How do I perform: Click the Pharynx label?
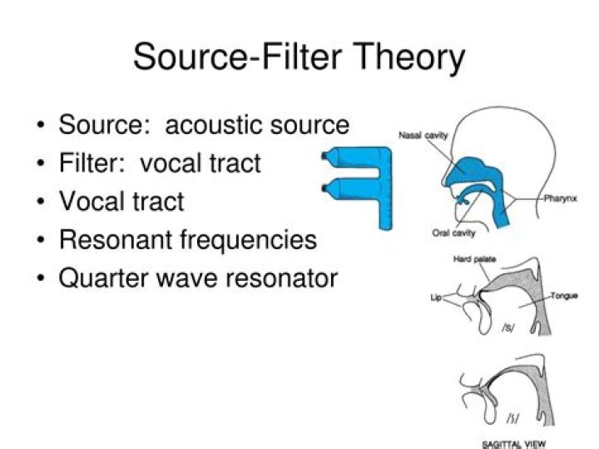[x=561, y=198]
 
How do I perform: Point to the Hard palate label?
[x=474, y=260]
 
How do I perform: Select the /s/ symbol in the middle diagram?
[x=507, y=327]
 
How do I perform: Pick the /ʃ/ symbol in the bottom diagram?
[x=512, y=417]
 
